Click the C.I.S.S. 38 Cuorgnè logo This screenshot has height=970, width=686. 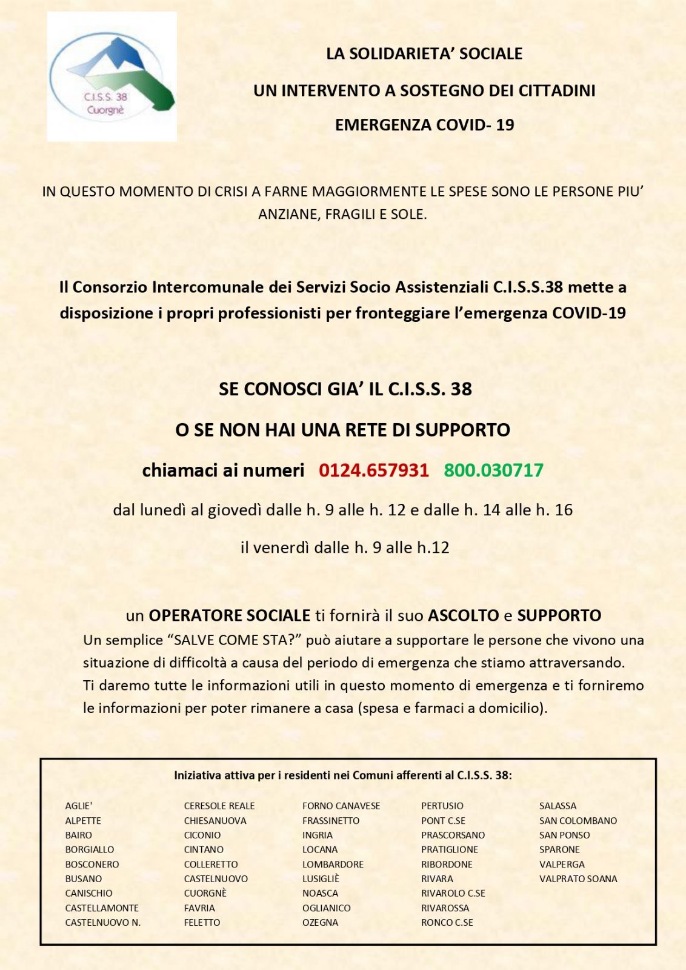point(112,76)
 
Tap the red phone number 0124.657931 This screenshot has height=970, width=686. point(373,470)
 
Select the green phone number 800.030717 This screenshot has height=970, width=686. point(493,470)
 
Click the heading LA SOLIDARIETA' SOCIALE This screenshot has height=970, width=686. point(424,53)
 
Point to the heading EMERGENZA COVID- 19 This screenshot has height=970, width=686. point(424,125)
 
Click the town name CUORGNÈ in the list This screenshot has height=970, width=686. point(205,893)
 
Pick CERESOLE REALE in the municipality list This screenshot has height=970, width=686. point(219,806)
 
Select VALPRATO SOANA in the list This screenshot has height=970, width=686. point(578,878)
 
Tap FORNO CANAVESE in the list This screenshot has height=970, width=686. point(341,806)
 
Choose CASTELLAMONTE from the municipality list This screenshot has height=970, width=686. point(102,908)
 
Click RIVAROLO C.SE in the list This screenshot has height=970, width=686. point(453,893)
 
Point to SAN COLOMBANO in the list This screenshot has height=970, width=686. point(578,820)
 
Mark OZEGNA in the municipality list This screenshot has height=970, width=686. point(320,922)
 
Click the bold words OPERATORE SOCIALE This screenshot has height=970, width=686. point(230,615)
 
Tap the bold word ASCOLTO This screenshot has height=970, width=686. point(464,615)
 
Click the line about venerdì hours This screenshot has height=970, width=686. point(345,547)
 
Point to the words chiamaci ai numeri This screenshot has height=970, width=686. point(223,470)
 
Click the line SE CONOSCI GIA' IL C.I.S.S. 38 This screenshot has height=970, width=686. point(345,389)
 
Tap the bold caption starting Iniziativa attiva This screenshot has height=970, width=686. point(342,775)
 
